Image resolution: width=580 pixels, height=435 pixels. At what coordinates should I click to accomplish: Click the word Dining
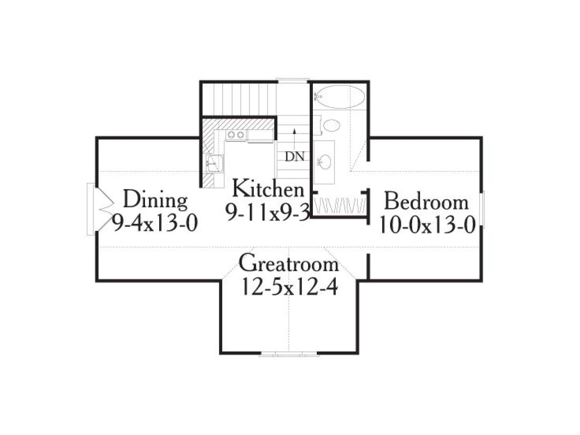(156, 200)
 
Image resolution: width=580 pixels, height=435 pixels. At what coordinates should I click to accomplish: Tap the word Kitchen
(268, 188)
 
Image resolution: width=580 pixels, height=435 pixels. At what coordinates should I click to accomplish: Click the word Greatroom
(289, 263)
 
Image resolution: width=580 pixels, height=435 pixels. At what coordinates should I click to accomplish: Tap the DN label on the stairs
(295, 157)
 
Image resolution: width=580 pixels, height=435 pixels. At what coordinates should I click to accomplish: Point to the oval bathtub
(340, 97)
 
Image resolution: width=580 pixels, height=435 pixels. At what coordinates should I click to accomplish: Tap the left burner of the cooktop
(231, 135)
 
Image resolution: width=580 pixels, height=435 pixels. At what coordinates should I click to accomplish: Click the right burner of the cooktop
(240, 135)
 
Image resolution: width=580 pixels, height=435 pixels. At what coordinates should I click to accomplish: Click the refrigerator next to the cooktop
(260, 136)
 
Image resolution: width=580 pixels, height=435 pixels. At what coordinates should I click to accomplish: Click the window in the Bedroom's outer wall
(482, 209)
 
